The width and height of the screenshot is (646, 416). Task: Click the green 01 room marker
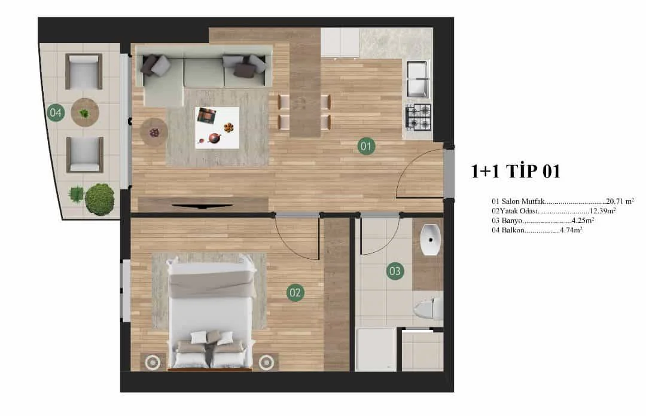[366, 146]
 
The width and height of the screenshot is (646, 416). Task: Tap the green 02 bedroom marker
[295, 292]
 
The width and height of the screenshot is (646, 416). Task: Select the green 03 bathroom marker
[395, 271]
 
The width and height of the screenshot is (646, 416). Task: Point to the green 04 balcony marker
[56, 112]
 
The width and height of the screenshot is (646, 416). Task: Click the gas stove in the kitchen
[418, 117]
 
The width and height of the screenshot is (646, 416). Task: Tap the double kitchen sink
[417, 79]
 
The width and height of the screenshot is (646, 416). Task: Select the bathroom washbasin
[430, 239]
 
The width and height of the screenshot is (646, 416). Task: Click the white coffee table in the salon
[217, 128]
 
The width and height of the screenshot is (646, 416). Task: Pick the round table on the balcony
[85, 112]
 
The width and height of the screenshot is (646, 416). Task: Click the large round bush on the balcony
[99, 200]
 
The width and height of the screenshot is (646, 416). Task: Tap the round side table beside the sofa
[154, 132]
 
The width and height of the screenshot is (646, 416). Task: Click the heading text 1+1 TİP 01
[516, 171]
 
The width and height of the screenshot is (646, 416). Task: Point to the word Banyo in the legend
[512, 221]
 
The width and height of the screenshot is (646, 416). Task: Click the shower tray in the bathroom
[377, 350]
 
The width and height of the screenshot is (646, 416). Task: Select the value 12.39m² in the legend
[603, 211]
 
